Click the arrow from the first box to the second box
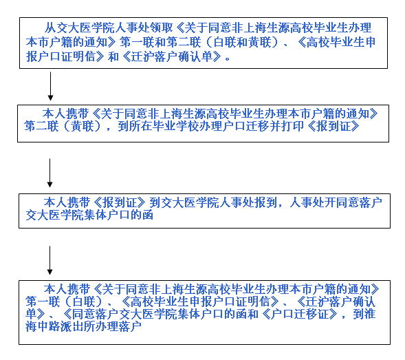(50, 86)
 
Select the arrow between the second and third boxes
(50, 173)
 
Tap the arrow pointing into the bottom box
(50, 260)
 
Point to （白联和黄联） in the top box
(242, 42)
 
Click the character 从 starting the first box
(50, 28)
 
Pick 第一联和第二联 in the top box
(160, 42)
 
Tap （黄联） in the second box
(82, 127)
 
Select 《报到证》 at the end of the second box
(334, 127)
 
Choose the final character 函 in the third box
(148, 215)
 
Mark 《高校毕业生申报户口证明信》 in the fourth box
(199, 301)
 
